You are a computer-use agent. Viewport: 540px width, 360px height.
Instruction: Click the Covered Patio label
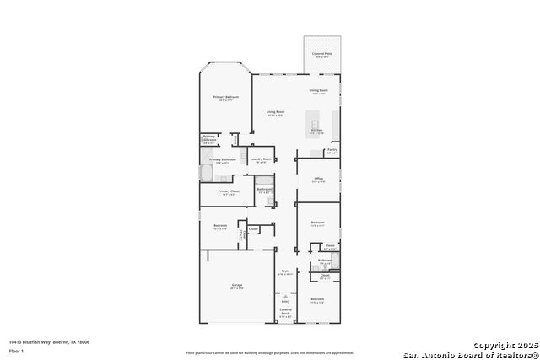coord(321,55)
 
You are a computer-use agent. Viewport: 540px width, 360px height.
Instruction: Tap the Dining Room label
coord(318,91)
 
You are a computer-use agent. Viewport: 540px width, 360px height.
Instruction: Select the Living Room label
coord(276,113)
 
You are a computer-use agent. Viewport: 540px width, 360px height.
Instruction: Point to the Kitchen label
coord(316,132)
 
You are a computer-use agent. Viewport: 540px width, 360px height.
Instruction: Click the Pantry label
coord(332,152)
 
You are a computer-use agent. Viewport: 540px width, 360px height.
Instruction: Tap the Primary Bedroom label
coord(226,99)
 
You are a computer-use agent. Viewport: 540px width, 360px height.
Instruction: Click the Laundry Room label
coord(261,160)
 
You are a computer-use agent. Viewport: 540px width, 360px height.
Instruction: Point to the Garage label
coord(237,287)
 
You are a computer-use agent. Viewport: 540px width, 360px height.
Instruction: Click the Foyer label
coord(285,272)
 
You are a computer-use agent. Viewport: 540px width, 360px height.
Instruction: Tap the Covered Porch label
coord(285,313)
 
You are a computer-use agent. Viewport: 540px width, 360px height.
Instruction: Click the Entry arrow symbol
coord(285,297)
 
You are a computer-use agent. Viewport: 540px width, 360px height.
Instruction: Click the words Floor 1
coord(16,351)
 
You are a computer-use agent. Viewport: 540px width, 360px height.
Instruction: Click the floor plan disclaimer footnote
coord(269,352)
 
